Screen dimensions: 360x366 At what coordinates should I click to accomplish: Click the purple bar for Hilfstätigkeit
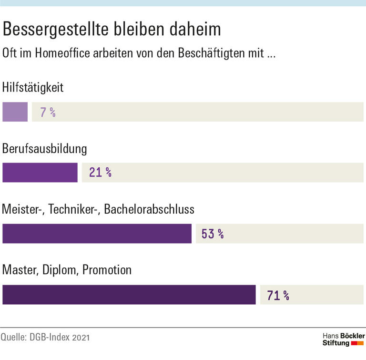pos(15,112)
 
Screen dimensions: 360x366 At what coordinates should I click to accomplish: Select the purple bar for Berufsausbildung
pos(40,173)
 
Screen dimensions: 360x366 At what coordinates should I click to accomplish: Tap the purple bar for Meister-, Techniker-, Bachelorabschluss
pos(97,234)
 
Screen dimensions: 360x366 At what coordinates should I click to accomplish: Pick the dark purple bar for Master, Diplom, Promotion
pos(129,295)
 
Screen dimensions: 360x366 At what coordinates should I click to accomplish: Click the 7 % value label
pos(48,113)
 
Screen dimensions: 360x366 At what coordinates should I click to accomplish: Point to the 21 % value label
pos(100,173)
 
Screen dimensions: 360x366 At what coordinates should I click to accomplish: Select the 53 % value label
pos(213,234)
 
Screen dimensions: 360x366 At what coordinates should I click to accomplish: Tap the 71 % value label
pos(278,295)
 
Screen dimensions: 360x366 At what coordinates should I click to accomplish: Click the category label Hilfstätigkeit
pos(33,88)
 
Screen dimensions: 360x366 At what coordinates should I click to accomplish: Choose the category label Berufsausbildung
pos(45,149)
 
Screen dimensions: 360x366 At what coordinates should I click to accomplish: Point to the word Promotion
pos(107,270)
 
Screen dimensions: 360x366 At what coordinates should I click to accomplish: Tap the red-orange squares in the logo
pos(357,343)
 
